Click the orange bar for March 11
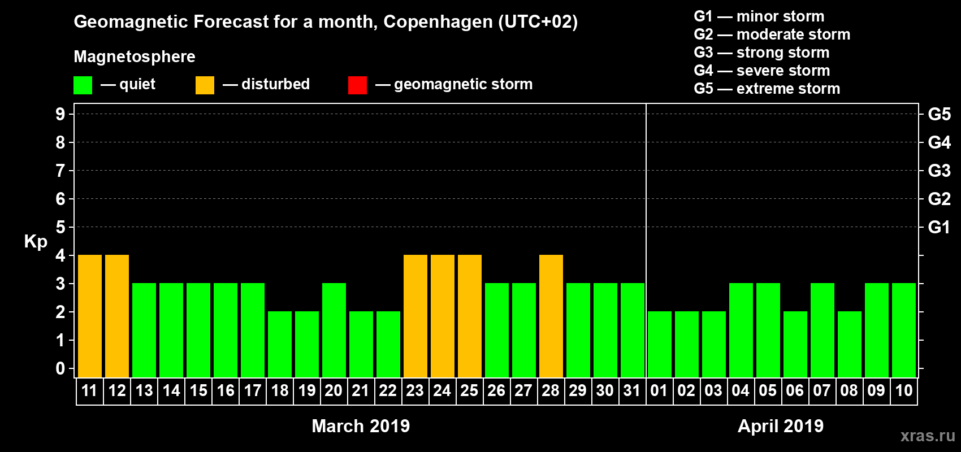[90, 316]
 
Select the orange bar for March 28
[551, 316]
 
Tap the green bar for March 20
[334, 330]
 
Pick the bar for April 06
[795, 344]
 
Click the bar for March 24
[443, 316]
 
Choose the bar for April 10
[904, 330]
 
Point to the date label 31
[632, 390]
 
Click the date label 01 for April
[659, 390]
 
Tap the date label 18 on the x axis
[280, 390]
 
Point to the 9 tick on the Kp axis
[60, 114]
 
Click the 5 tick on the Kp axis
[60, 227]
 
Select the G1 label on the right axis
[939, 227]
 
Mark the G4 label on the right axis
[939, 142]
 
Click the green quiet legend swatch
[83, 85]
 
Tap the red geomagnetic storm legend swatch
[357, 85]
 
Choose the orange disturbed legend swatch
[205, 85]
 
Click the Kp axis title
[36, 241]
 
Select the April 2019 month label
[781, 426]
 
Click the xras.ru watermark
[928, 436]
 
